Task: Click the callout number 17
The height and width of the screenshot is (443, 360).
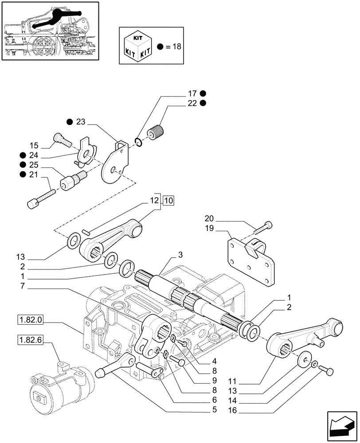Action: click(192, 93)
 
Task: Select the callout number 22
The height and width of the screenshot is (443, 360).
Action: click(192, 103)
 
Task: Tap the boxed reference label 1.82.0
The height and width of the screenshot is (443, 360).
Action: click(28, 319)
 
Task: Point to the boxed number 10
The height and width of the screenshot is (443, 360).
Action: click(168, 201)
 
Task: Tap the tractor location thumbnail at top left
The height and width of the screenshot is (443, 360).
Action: click(50, 31)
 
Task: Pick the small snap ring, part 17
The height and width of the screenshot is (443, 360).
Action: click(139, 142)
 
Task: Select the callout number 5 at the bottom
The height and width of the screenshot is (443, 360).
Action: click(214, 410)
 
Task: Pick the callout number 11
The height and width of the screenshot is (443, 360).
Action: click(234, 381)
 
